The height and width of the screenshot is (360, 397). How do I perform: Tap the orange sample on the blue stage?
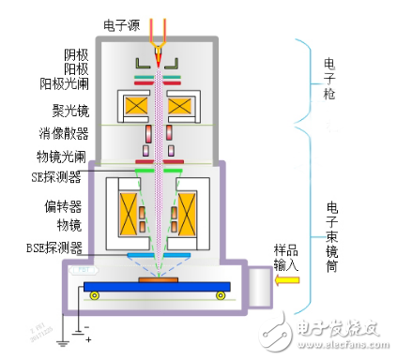[x=158, y=279]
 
